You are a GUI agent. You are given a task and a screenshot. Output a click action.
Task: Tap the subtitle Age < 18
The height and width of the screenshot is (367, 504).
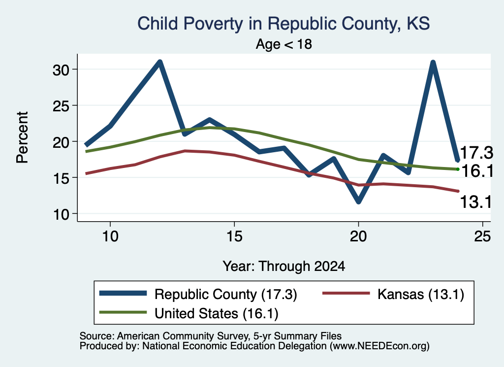pos(284,44)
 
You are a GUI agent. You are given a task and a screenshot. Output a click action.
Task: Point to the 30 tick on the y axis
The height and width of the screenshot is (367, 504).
pos(61,70)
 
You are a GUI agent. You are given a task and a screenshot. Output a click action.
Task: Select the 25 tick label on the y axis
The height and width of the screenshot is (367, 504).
pos(61,106)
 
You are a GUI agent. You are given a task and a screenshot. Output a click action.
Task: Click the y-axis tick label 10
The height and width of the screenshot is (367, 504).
pos(61,214)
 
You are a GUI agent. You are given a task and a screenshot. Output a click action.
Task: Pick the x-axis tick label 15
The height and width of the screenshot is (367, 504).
pos(234,237)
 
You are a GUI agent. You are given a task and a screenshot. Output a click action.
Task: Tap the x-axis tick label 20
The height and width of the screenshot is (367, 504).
pos(358,237)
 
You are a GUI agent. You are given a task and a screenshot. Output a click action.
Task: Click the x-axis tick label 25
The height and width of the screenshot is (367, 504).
pos(482,237)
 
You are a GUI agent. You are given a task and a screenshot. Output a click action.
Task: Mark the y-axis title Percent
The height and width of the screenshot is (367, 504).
pos(23,137)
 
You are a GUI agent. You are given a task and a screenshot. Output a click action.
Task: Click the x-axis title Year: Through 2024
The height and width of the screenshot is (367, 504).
pos(284,267)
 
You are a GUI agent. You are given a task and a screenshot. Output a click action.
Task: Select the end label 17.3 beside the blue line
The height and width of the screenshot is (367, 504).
pos(476,152)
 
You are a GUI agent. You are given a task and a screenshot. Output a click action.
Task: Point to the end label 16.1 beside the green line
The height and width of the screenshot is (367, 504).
pos(477,171)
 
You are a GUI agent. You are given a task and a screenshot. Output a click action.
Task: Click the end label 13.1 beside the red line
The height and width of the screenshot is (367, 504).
pos(476,202)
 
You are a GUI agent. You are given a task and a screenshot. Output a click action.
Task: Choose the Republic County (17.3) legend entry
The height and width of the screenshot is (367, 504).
pos(198,294)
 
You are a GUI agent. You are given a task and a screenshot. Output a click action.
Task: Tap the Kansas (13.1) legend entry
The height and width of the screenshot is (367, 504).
pos(393,294)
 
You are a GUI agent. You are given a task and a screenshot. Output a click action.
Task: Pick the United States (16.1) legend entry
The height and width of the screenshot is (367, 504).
pos(189,313)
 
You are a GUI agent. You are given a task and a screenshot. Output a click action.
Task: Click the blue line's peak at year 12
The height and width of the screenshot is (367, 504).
pos(160,62)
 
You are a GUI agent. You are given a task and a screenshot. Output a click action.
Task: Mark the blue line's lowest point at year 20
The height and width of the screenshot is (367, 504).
pos(359,201)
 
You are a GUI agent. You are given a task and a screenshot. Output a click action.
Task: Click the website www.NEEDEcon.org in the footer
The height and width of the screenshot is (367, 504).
pos(379,346)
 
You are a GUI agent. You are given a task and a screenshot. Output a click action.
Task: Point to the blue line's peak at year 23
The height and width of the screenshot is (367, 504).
pos(433,62)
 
